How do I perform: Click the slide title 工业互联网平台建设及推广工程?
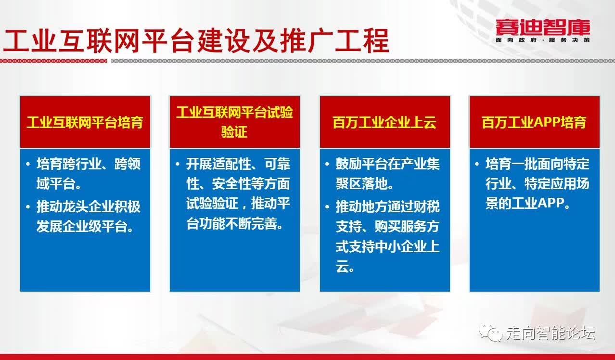196,40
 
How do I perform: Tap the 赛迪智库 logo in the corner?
543,27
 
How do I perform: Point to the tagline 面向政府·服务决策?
543,40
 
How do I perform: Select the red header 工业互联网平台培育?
85,122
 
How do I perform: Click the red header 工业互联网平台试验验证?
234,122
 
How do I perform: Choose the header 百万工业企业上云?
384,122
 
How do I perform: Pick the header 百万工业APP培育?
534,122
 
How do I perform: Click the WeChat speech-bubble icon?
490,333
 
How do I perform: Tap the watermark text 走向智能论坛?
551,333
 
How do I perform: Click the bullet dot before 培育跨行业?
28,164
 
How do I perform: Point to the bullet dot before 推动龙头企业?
28,207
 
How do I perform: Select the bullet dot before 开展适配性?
178,164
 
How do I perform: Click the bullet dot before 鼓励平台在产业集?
327,164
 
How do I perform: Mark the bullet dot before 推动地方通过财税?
327,207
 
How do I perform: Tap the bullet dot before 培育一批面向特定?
477,164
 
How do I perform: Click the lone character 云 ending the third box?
342,266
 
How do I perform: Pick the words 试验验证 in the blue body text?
212,204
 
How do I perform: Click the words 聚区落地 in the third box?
361,183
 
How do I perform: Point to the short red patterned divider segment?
53,61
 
